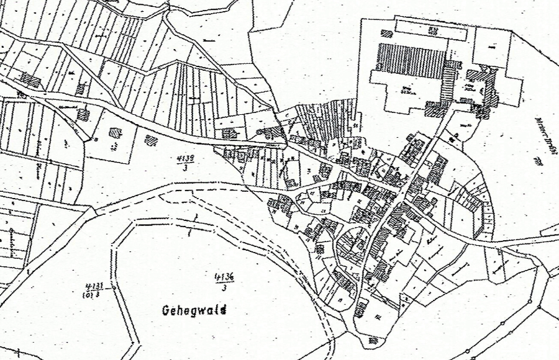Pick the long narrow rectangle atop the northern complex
430,30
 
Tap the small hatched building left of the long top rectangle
386,34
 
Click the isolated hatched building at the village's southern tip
373,340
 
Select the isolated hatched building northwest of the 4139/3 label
151,140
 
